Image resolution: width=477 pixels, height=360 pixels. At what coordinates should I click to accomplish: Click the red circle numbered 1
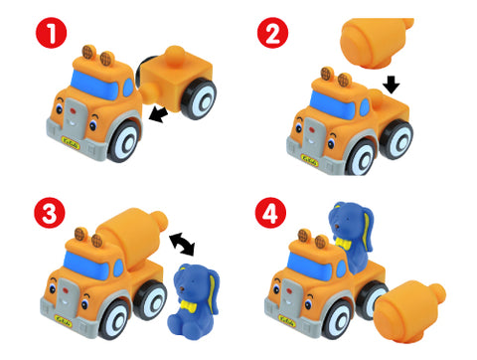point(52,33)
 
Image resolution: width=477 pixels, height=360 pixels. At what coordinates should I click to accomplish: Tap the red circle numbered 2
point(273,33)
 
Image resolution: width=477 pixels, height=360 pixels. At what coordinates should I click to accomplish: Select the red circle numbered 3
point(50,213)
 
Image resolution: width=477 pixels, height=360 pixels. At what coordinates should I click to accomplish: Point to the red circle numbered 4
point(270,213)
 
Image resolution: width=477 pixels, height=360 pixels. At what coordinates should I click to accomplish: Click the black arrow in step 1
point(158,114)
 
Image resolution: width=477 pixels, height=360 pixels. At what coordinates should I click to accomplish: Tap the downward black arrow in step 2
point(392,85)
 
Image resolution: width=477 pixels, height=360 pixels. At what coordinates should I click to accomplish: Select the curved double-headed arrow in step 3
point(182,244)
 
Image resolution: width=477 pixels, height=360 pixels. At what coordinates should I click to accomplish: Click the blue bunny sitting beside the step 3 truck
point(194,301)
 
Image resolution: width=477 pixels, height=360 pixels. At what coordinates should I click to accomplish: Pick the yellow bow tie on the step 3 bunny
point(189,305)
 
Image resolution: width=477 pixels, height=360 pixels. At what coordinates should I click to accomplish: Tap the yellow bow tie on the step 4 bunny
point(343,244)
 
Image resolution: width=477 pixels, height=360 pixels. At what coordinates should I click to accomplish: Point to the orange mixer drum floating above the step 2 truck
point(376,42)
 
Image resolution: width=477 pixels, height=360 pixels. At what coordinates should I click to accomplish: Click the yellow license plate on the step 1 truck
point(71,143)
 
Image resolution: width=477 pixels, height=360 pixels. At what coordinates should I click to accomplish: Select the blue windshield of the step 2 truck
point(333,104)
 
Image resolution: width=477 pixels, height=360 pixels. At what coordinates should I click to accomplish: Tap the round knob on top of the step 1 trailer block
point(175,54)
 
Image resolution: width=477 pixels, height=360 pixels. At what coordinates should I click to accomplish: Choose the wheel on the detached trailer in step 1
point(200,98)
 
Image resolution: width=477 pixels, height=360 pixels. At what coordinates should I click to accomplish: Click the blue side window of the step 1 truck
point(128,88)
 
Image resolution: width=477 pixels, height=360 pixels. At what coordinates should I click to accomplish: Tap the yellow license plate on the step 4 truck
point(286,320)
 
